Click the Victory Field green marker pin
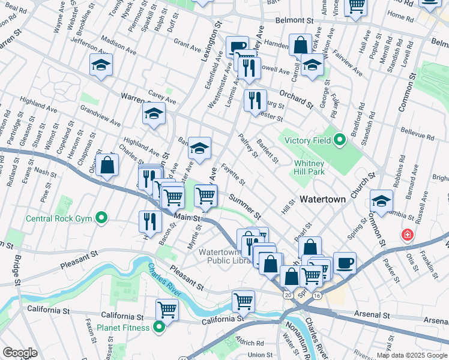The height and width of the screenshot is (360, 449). coord(340,142)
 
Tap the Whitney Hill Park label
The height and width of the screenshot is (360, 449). coord(309,168)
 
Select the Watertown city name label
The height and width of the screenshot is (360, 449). coord(322,199)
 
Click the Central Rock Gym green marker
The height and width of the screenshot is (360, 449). coord(102,218)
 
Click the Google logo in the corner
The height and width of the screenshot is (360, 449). coord(20,353)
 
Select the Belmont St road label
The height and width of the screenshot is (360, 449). coord(295,20)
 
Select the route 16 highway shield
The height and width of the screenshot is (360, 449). coord(316,296)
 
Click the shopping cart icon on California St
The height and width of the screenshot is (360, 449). coord(167,310)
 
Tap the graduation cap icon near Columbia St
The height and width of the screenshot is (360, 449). coord(381,202)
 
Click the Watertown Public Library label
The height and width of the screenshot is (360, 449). coord(223,256)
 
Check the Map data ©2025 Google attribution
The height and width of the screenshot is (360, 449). coord(411,355)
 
